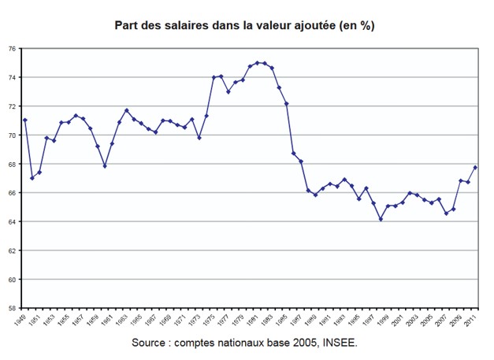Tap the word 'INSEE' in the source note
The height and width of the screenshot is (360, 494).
point(340,343)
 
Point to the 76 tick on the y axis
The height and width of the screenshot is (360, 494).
point(12,48)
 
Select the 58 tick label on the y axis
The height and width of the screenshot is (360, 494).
point(12,308)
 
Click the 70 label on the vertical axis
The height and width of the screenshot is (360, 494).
point(12,135)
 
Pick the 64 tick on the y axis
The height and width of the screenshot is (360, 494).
point(12,221)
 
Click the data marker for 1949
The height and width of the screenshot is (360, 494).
point(25,120)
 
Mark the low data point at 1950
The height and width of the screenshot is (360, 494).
point(32,178)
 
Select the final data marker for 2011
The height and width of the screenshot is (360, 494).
point(475,167)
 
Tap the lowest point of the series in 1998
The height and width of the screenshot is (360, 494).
point(381,219)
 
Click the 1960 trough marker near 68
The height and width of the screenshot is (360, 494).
point(105,166)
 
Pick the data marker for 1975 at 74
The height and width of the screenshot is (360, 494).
point(214,77)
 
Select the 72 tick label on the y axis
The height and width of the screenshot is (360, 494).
point(12,106)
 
